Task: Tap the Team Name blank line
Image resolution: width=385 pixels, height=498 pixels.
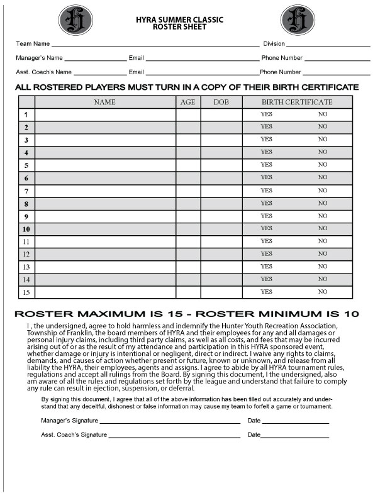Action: [x=155, y=45]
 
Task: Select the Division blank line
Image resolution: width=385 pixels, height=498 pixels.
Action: [x=329, y=45]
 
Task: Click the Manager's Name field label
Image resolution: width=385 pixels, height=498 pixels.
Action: [x=39, y=58]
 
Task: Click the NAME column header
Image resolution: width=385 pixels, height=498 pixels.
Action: [x=105, y=102]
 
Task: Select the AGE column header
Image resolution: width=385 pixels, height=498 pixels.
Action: [x=188, y=102]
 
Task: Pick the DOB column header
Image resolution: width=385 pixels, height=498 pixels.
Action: [x=221, y=102]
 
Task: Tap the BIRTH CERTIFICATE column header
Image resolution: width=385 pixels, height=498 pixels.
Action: [x=297, y=102]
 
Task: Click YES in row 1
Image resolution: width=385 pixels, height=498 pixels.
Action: [x=266, y=114]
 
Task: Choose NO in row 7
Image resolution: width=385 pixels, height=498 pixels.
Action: [x=323, y=191]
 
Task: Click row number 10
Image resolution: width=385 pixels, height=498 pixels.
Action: [x=26, y=229]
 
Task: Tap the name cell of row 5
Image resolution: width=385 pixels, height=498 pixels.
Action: [x=105, y=165]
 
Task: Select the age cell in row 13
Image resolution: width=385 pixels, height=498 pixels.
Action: [x=188, y=267]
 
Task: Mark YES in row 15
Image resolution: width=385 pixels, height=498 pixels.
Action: [x=266, y=292]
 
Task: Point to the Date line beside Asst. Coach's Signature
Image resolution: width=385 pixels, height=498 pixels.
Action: [x=295, y=436]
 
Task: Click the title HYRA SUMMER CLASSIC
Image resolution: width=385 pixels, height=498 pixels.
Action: [x=180, y=20]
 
